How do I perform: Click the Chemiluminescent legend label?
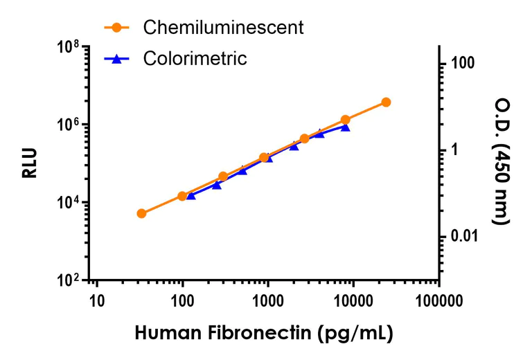[x=223, y=28]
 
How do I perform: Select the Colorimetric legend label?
[x=195, y=59]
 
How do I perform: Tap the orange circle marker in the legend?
[x=117, y=28]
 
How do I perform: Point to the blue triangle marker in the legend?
[x=117, y=59]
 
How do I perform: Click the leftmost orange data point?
[x=141, y=213]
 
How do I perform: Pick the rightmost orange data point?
[x=386, y=102]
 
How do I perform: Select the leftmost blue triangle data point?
[x=191, y=196]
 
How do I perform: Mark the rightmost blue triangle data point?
[x=345, y=127]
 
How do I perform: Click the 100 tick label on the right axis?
[x=462, y=64]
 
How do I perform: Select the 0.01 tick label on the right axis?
[x=465, y=237]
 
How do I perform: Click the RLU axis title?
[x=30, y=163]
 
